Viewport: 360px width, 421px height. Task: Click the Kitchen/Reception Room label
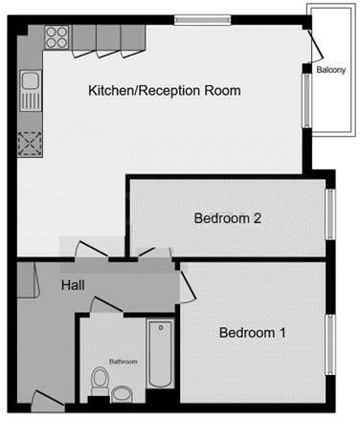pos(164,91)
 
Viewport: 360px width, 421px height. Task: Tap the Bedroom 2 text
pos(228,218)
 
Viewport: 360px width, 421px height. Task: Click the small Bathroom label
pos(124,362)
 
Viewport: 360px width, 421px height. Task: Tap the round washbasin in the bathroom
pos(123,392)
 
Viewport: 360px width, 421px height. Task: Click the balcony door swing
pos(312,43)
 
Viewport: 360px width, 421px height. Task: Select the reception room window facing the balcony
pos(306,100)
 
